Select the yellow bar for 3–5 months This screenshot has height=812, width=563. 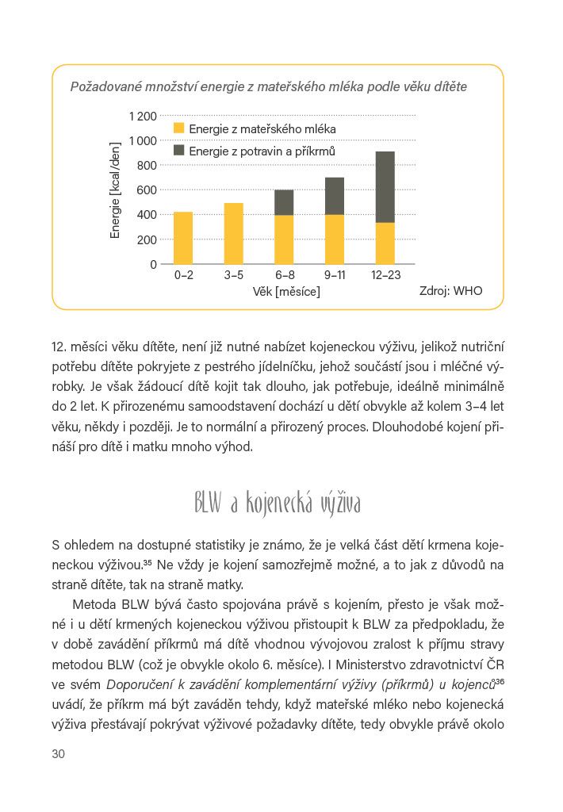pos(233,233)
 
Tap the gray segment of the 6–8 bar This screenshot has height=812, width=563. pos(284,202)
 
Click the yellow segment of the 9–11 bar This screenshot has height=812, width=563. pos(335,239)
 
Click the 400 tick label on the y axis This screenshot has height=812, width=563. pos(147,214)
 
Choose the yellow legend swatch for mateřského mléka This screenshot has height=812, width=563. pos(178,128)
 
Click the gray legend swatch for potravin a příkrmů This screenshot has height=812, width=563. pos(178,150)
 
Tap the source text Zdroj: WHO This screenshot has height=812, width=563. pos(450,291)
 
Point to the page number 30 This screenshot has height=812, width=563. pos(58,754)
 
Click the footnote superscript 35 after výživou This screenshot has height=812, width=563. pos(148,562)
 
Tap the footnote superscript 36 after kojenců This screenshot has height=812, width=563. pos(500,681)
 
